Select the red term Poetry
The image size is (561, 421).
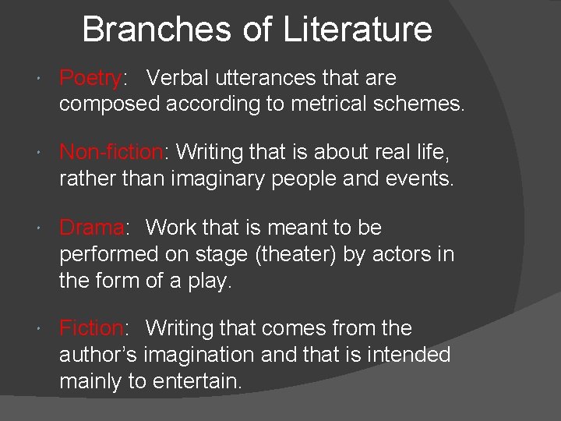click(90, 79)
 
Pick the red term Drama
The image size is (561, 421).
click(91, 228)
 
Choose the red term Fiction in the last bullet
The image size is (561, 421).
click(91, 328)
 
